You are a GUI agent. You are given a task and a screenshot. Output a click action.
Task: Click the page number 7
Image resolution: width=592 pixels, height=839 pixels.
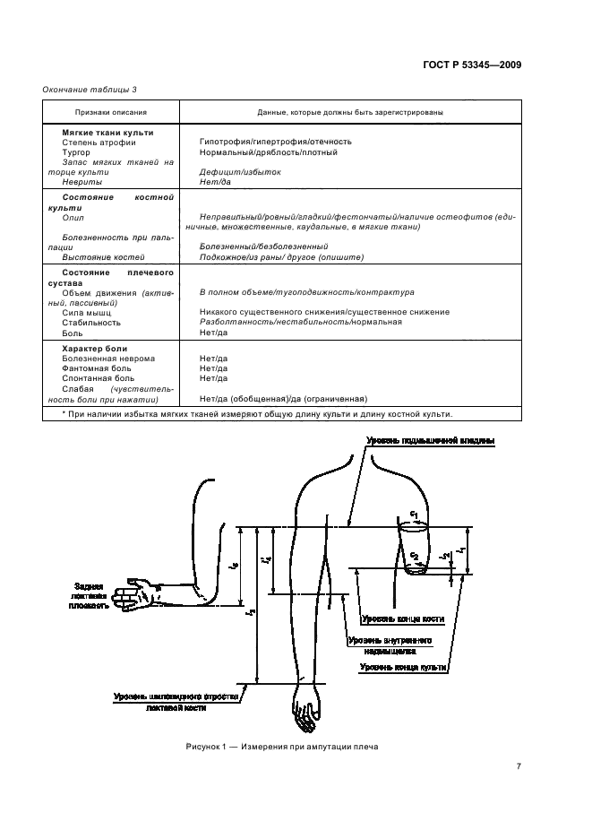(519, 765)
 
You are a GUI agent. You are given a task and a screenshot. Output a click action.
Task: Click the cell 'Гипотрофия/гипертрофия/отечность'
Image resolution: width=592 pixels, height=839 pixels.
(276, 142)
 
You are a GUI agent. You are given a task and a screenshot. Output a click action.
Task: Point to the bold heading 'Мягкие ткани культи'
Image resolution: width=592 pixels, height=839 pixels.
(107, 132)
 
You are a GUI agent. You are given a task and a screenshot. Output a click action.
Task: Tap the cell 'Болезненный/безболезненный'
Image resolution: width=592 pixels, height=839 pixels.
(263, 246)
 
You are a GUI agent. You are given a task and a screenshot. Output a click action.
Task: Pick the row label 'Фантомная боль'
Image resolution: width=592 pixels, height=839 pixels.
(96, 368)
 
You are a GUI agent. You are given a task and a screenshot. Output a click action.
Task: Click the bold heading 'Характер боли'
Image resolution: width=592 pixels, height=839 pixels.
(94, 348)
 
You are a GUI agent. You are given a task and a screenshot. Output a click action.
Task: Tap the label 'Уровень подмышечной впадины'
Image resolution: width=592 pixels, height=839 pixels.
(429, 440)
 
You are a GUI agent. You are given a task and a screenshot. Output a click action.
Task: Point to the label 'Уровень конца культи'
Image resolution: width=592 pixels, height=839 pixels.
(403, 667)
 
